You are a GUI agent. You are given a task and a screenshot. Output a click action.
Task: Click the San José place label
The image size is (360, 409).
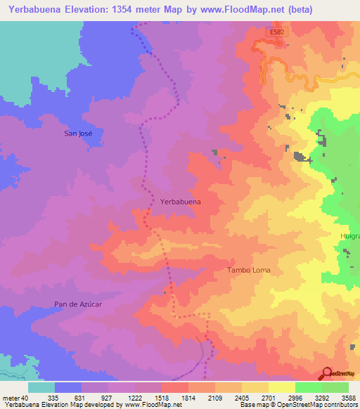click(x=78, y=134)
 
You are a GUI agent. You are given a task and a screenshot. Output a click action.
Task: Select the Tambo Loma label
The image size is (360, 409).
click(x=248, y=270)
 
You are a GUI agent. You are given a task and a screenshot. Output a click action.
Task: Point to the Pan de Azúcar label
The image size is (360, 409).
click(x=79, y=304)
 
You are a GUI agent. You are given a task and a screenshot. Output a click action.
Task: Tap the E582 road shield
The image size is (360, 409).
click(x=276, y=32)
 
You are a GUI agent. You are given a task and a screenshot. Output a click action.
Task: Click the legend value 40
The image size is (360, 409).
click(x=25, y=397)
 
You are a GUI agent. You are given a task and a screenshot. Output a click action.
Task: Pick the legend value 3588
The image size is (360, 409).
click(x=349, y=397)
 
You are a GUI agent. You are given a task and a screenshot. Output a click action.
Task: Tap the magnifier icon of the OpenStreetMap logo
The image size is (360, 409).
click(x=327, y=373)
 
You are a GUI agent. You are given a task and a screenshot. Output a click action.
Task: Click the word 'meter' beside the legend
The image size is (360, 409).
click(x=11, y=397)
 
